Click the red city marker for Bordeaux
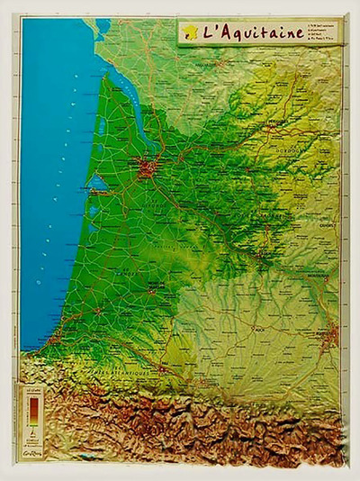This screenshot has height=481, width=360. point(147,167)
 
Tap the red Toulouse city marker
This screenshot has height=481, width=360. point(332,338)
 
